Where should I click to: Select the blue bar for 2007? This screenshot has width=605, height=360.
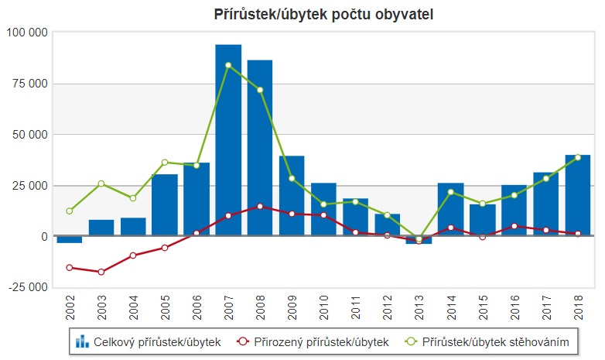(228, 139)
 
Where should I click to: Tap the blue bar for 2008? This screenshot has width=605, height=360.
(260, 147)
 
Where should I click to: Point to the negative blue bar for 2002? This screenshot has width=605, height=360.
(70, 239)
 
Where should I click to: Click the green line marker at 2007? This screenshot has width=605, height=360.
(228, 65)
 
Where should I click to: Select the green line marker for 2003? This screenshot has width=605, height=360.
(101, 183)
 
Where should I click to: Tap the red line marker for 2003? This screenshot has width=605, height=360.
(101, 272)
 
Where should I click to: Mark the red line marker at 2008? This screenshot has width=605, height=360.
(260, 206)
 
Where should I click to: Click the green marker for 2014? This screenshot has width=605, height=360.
(450, 192)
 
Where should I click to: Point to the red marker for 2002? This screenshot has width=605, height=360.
(70, 267)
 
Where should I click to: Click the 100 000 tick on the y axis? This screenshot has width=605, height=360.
(27, 33)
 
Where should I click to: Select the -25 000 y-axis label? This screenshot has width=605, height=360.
(27, 288)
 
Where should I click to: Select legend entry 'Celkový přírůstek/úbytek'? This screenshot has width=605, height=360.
(149, 341)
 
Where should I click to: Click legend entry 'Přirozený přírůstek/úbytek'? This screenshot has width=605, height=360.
(313, 341)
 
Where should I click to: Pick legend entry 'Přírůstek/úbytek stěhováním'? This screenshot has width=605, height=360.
(492, 341)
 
